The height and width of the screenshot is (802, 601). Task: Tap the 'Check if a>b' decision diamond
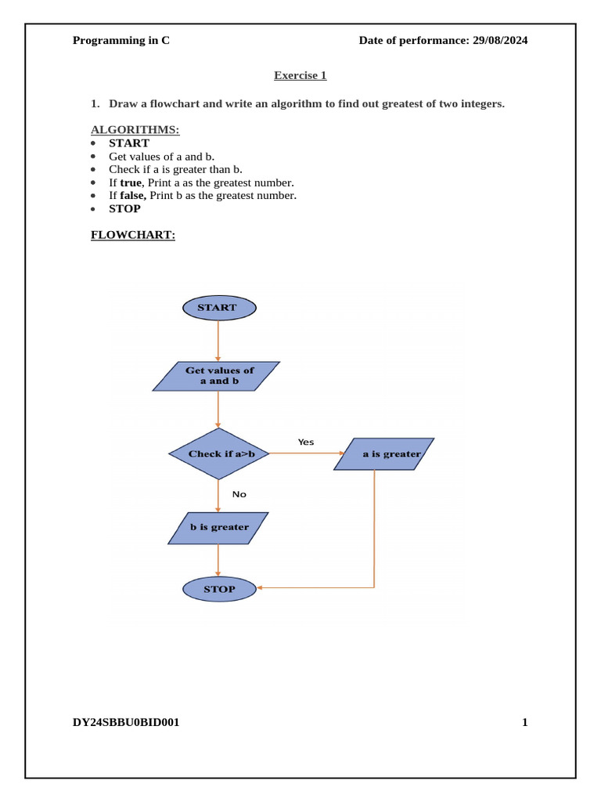[x=218, y=453]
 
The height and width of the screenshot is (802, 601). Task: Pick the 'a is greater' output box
[x=383, y=453]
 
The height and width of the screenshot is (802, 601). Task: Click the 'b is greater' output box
[x=218, y=527]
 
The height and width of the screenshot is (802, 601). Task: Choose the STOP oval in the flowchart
[x=219, y=589]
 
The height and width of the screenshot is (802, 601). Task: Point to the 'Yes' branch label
[x=306, y=442]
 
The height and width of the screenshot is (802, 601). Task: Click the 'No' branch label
[x=239, y=494]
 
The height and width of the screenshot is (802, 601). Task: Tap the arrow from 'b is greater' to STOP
[x=218, y=561]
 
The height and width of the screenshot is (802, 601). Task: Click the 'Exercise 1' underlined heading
[x=300, y=75]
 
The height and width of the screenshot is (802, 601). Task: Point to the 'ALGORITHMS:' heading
[x=135, y=129]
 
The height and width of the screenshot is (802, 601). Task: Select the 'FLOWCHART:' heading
[x=133, y=234]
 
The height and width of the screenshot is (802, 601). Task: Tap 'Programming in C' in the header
[x=121, y=41]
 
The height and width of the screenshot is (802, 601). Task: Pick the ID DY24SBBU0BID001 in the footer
[x=126, y=722]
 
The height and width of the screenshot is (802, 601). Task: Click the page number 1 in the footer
[x=525, y=722]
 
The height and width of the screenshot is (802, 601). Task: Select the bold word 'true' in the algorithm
[x=131, y=182]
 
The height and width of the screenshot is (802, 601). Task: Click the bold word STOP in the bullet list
[x=124, y=209]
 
